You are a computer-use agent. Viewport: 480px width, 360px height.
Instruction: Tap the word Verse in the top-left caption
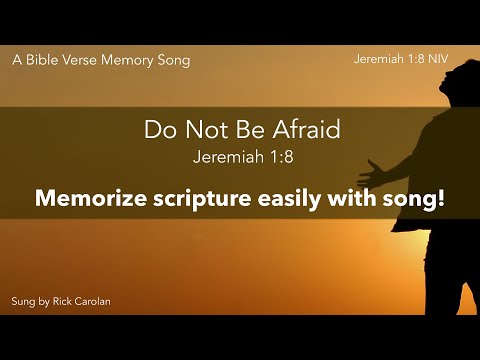[84, 60]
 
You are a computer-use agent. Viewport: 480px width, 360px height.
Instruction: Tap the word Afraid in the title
[304, 129]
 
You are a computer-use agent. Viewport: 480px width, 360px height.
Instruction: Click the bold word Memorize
[85, 198]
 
